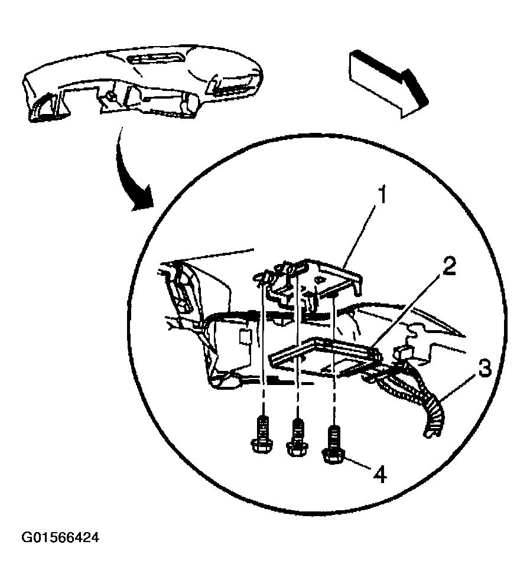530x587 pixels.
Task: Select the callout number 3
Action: [x=484, y=371]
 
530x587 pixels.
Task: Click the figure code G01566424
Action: [x=60, y=538]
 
